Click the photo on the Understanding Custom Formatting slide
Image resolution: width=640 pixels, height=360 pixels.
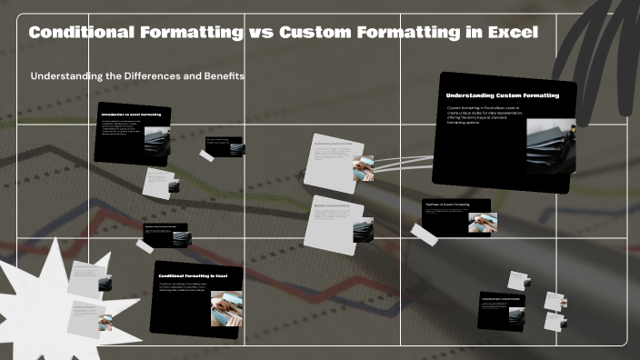coord(550,146)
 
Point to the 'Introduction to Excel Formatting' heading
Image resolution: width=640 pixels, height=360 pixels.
coord(132,115)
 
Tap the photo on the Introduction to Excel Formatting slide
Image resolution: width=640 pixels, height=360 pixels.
coord(156,142)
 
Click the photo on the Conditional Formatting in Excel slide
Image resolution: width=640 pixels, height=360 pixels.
coord(225,307)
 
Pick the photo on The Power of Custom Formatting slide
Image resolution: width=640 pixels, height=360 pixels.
coord(482,223)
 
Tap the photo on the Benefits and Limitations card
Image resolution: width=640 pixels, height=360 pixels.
coord(363,230)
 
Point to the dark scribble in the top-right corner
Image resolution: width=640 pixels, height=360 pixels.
coord(600,36)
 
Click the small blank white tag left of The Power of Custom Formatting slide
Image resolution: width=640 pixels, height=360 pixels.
coord(424,233)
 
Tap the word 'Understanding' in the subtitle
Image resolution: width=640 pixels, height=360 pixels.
coord(65,76)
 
